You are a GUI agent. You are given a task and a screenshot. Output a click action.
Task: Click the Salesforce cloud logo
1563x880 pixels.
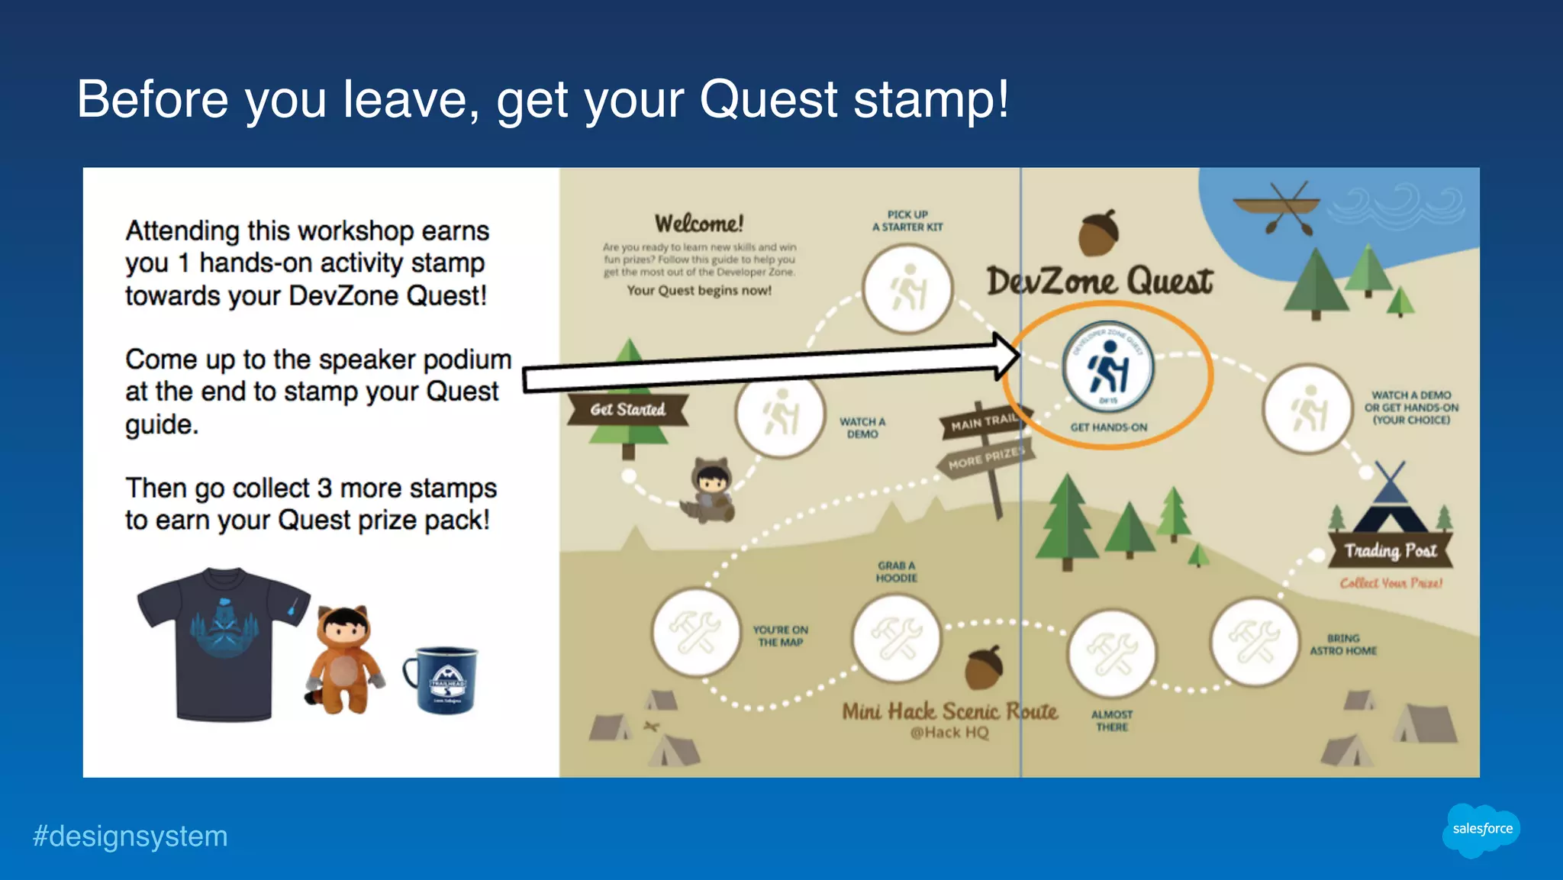click(1481, 830)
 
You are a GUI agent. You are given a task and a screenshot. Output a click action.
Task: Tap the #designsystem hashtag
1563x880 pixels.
click(131, 836)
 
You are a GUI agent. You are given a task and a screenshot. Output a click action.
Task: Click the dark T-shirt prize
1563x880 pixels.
click(222, 643)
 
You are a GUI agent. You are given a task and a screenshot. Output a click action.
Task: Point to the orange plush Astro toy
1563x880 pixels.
click(345, 659)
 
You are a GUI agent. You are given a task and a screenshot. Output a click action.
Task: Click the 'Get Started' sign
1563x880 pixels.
click(628, 410)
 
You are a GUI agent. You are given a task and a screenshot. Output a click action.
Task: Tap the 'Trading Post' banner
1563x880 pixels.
click(1390, 551)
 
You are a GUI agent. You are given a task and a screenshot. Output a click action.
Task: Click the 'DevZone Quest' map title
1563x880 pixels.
click(1099, 282)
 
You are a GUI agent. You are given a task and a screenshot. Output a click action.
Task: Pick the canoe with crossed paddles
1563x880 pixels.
click(1275, 206)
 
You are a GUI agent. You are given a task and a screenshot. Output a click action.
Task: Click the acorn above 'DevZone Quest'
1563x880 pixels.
click(1099, 232)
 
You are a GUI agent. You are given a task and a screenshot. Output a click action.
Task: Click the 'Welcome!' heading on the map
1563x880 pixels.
click(698, 224)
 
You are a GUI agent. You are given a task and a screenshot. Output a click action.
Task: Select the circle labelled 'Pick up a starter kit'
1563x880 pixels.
click(907, 289)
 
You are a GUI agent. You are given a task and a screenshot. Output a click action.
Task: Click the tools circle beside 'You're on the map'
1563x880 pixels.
click(695, 632)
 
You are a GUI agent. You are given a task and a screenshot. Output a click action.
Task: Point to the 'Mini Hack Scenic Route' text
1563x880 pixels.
click(949, 711)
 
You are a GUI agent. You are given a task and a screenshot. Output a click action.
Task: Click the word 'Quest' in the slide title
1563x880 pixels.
click(769, 100)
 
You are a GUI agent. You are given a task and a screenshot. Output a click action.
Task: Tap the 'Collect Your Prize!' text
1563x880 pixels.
click(1391, 583)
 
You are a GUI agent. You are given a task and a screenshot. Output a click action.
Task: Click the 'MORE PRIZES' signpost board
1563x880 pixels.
click(986, 459)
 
